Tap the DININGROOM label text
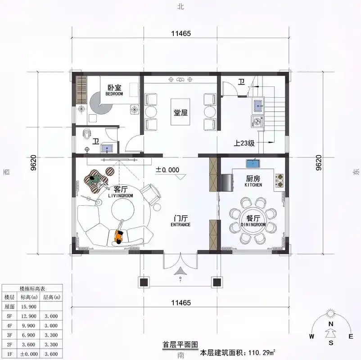tap(253, 224)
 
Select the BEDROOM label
tap(114, 94)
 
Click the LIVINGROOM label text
tap(121, 196)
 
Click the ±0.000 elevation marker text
tap(167, 170)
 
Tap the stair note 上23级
tap(244, 144)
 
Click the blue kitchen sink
tap(252, 162)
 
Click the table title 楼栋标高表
tap(32, 288)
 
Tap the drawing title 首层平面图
tap(180, 345)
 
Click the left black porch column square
tap(144, 283)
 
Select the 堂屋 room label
tap(180, 112)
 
